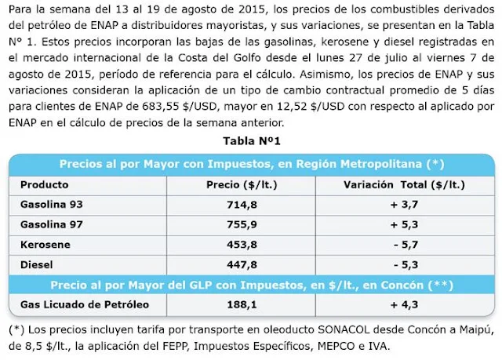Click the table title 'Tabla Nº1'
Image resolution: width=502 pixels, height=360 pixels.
(x=252, y=142)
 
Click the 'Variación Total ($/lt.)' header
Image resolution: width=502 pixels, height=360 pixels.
(x=406, y=186)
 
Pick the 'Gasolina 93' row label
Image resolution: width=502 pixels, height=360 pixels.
(x=52, y=205)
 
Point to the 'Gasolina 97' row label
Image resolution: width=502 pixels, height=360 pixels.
(x=52, y=225)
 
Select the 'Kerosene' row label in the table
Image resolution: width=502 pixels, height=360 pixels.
(x=43, y=245)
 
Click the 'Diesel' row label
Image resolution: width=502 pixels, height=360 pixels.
(x=37, y=264)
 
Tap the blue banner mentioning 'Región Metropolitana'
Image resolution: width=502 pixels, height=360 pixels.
(x=252, y=165)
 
